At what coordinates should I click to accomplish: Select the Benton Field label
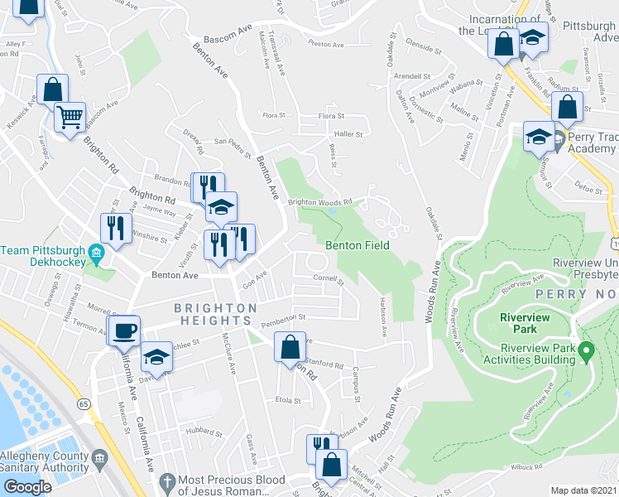(357, 245)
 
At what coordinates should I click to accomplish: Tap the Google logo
(26, 487)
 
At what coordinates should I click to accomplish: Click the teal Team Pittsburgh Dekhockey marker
(96, 252)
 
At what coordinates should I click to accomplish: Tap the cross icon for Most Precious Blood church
(166, 481)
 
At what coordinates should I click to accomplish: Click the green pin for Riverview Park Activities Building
(587, 353)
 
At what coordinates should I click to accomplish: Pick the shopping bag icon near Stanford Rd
(290, 348)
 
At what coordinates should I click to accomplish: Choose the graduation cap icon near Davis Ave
(156, 357)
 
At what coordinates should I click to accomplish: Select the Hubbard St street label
(199, 430)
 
